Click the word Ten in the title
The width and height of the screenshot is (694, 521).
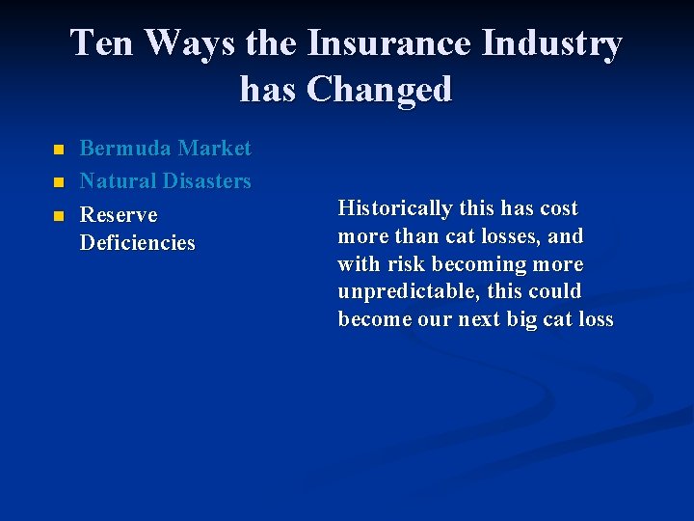102,43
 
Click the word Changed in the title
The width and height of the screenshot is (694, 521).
379,90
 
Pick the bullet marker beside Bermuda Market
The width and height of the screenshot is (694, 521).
57,151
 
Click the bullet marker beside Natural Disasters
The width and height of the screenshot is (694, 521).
57,182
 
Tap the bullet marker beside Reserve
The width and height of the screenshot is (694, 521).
57,215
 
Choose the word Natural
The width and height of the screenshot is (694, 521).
118,180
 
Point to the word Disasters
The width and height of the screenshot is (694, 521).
206,180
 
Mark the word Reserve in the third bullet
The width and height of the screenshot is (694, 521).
118,214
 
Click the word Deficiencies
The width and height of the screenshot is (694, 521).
137,242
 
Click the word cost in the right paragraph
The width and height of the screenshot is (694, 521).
559,208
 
